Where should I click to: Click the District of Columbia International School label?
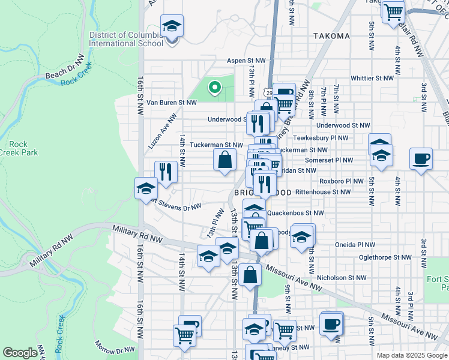pyautogui.click(x=125, y=39)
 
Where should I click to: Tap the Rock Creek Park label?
pyautogui.click(x=23, y=148)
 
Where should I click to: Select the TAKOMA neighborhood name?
pyautogui.click(x=331, y=36)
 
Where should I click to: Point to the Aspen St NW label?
pyautogui.click(x=246, y=61)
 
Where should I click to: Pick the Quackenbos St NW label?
pyautogui.click(x=295, y=212)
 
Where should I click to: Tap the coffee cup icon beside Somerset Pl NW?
pyautogui.click(x=421, y=160)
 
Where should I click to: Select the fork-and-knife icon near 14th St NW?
pyautogui.click(x=165, y=172)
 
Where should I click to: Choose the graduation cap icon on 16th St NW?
pyautogui.click(x=146, y=189)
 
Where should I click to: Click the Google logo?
pyautogui.click(x=20, y=353)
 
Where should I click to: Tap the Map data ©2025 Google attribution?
pyautogui.click(x=411, y=355)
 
